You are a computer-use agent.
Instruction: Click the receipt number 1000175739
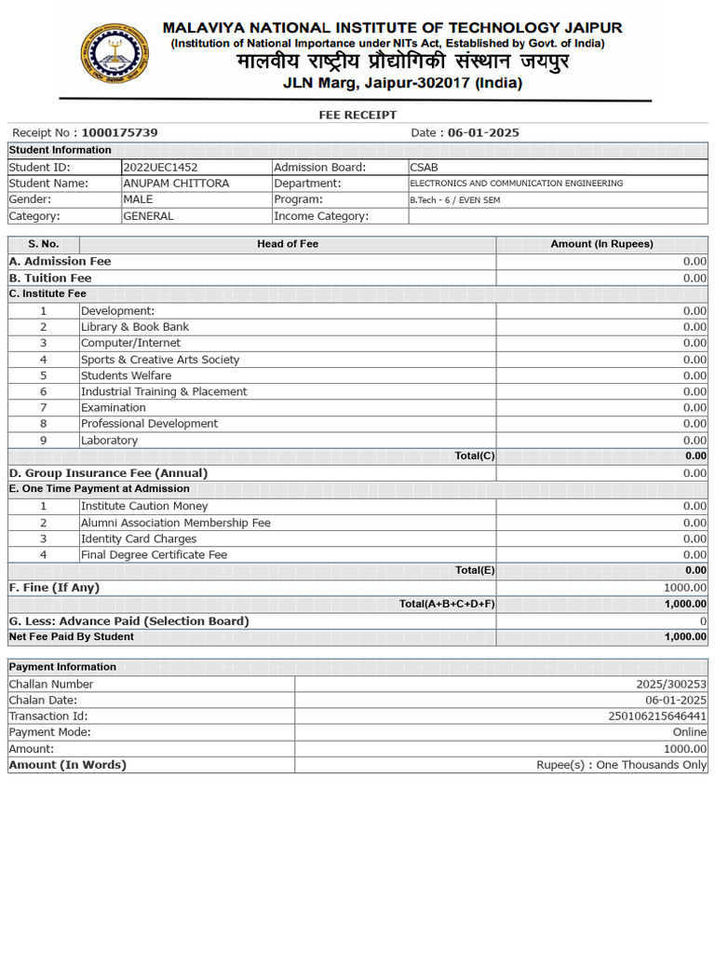click(119, 133)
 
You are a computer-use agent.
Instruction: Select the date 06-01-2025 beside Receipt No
click(483, 133)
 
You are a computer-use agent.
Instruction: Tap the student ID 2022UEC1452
click(160, 167)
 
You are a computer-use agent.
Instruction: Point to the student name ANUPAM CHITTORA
click(176, 184)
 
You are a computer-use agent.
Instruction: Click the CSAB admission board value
click(424, 167)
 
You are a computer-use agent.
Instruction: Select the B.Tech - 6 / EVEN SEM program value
click(461, 200)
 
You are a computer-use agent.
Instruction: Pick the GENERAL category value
click(148, 216)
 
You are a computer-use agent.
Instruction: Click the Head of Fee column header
click(288, 244)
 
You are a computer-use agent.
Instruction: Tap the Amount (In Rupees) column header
click(601, 244)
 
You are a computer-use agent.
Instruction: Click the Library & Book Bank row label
click(135, 327)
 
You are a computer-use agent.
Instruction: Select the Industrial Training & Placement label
click(164, 392)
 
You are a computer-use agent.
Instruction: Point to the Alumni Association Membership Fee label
click(176, 523)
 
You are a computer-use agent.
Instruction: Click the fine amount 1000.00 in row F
click(684, 588)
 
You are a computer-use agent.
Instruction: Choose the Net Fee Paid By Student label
click(72, 637)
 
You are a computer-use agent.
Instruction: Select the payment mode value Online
click(690, 732)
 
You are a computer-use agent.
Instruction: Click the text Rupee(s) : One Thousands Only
click(621, 765)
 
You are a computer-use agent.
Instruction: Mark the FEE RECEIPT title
click(357, 115)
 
